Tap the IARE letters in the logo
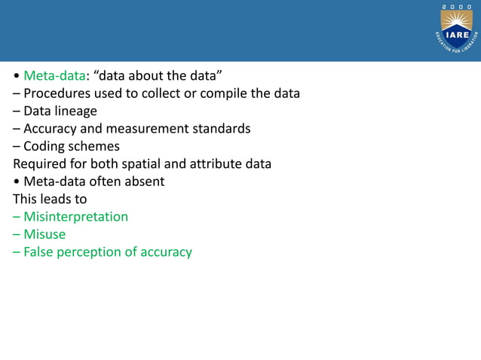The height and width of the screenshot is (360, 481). tap(457, 34)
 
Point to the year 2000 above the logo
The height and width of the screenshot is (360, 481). tap(457, 7)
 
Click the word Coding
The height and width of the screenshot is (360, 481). tap(44, 146)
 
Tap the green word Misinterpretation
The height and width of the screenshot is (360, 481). tap(75, 217)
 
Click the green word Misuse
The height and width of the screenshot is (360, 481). tap(44, 234)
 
